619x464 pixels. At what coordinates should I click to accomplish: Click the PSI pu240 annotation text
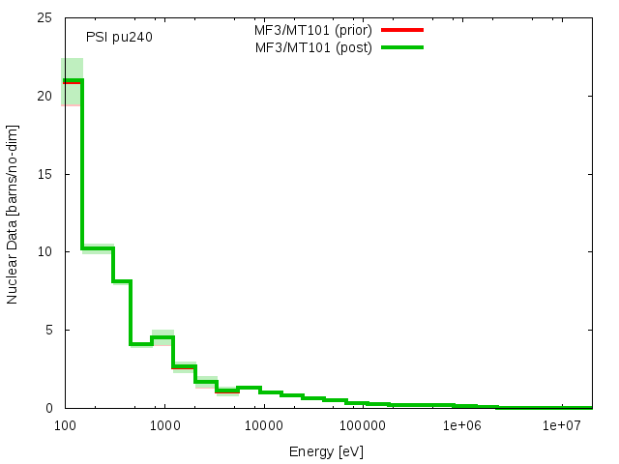click(119, 38)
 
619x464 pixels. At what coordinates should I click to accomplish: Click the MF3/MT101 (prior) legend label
click(307, 30)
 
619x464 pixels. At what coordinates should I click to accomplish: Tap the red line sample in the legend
click(402, 30)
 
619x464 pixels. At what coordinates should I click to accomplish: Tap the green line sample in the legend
click(402, 46)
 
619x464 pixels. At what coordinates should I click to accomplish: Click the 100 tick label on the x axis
click(65, 425)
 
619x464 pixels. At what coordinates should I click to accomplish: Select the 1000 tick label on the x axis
click(164, 425)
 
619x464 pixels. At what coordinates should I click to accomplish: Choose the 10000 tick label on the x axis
click(263, 425)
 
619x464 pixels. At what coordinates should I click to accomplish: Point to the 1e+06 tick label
click(462, 425)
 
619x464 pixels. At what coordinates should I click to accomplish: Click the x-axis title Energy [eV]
click(327, 450)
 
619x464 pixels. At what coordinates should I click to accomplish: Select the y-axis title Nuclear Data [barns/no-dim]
click(13, 214)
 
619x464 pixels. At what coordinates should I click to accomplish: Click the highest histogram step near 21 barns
click(73, 81)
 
